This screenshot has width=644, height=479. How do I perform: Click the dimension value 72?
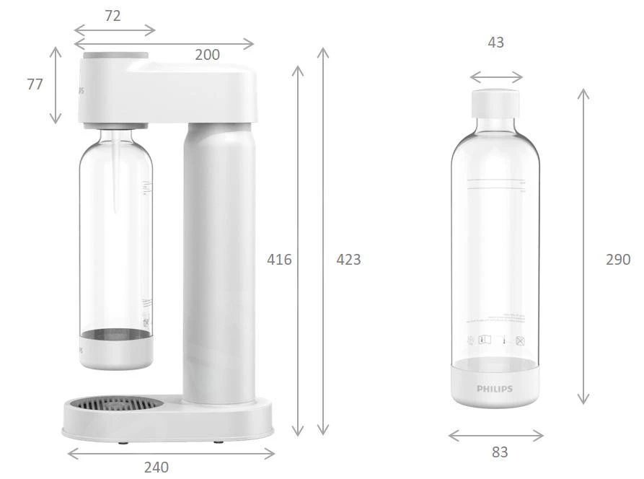click(x=113, y=16)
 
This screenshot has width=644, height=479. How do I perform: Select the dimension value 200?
click(x=208, y=55)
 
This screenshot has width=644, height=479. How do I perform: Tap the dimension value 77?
click(x=35, y=84)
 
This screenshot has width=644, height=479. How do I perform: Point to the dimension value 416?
click(x=279, y=259)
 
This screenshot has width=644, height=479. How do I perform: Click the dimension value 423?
click(x=348, y=259)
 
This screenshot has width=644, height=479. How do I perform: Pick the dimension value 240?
click(x=156, y=467)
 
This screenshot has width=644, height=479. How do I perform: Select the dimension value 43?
click(x=495, y=43)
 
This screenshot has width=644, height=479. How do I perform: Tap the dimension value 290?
click(x=617, y=259)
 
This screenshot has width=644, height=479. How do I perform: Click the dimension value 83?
click(x=499, y=452)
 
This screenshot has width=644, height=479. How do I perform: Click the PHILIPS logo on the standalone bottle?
click(x=495, y=389)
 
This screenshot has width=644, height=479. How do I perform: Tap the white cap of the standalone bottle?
click(x=496, y=103)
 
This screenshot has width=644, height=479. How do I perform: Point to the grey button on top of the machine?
click(x=116, y=56)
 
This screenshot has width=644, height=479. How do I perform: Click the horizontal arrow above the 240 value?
click(x=171, y=453)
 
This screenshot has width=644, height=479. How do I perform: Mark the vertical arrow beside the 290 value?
click(x=584, y=246)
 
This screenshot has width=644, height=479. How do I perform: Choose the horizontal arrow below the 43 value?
click(x=496, y=77)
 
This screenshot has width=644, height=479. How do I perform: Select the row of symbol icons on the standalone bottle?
click(x=495, y=340)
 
